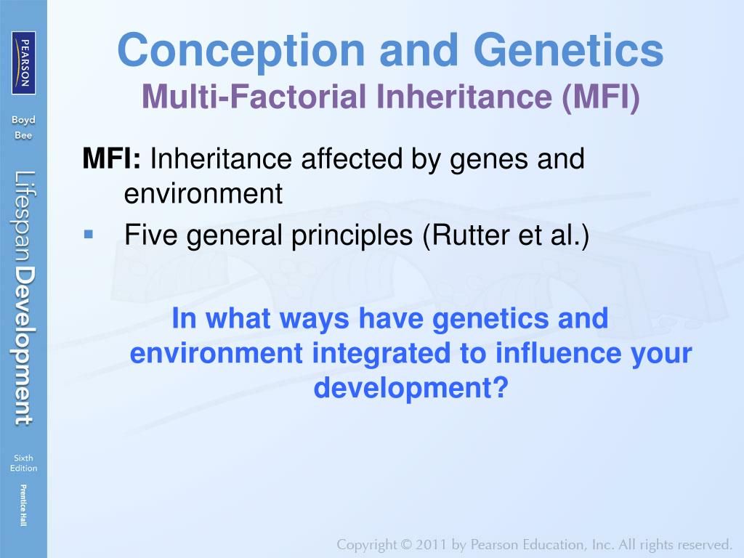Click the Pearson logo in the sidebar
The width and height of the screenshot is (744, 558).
(x=23, y=63)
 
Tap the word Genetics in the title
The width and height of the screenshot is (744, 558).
(x=568, y=50)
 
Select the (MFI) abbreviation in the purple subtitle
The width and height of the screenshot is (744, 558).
(x=601, y=97)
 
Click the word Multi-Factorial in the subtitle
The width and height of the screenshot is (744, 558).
(x=254, y=97)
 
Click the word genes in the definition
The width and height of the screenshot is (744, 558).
(x=489, y=161)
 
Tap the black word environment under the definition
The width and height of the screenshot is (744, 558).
(x=203, y=193)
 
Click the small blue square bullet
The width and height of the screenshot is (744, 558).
(x=88, y=234)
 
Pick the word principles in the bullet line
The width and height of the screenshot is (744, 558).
(x=352, y=236)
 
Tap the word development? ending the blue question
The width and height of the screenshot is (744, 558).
(x=411, y=388)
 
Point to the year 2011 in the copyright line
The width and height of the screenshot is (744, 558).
(x=432, y=544)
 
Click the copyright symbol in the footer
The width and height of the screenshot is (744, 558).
(x=405, y=545)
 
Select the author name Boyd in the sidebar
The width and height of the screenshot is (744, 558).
(x=23, y=120)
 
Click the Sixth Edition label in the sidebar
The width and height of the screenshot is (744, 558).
(x=23, y=463)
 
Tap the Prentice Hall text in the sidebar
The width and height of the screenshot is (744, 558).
(x=23, y=506)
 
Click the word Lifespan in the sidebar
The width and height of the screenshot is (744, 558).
(x=23, y=216)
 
